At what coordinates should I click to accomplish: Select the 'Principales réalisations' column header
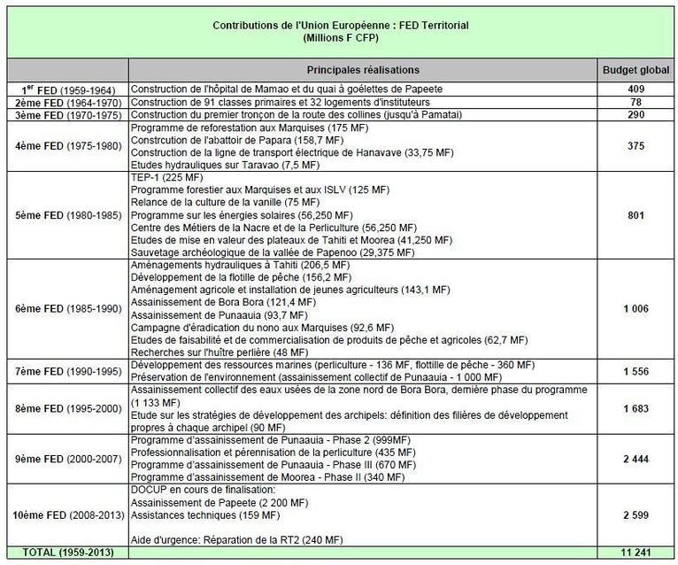(363, 69)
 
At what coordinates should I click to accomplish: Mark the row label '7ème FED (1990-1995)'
(65, 371)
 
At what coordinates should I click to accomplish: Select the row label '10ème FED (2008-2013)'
(65, 515)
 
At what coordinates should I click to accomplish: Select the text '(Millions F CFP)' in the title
(340, 39)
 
